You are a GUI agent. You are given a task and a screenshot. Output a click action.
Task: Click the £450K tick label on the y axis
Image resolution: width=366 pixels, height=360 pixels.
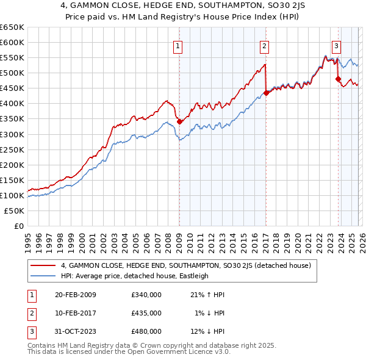point(12,88)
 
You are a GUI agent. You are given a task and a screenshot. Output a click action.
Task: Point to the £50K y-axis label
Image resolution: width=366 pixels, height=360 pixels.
point(15,211)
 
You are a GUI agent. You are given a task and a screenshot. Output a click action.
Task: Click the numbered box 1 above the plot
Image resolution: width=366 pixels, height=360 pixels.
point(178,45)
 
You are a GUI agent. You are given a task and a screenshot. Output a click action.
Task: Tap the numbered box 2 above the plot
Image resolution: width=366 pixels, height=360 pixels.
point(264,45)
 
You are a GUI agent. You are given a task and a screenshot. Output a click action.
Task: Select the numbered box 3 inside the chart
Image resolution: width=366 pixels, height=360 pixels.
point(336,45)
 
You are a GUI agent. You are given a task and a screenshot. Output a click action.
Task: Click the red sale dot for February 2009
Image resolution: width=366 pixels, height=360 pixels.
point(179,122)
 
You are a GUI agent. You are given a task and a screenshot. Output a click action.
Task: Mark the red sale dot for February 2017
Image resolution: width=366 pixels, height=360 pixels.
point(266,93)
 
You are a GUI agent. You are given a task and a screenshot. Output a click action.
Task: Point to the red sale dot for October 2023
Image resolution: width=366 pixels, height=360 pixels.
point(338,79)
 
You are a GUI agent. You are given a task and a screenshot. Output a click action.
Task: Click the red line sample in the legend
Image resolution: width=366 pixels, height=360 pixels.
point(43,265)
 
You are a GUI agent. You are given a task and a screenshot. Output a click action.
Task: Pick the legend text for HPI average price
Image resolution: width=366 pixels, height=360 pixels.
point(135,276)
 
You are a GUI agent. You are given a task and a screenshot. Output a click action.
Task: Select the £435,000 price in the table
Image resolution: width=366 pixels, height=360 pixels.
point(146,313)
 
